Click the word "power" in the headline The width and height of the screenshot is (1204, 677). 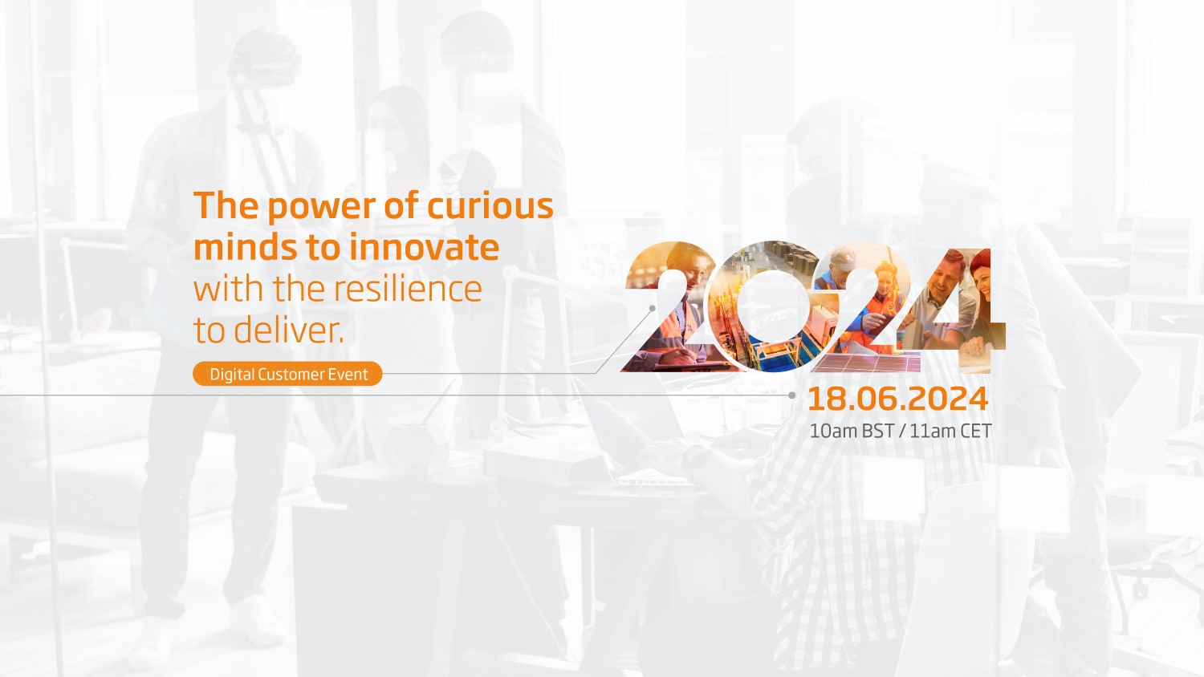321,207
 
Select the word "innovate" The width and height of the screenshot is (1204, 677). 424,247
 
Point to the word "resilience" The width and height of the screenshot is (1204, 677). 408,289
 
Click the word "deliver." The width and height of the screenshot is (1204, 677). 289,330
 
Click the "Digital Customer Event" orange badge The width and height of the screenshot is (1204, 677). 287,374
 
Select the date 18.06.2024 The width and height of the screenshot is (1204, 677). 897,399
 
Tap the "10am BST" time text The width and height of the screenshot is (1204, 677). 852,432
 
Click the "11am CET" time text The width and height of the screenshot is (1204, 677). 950,432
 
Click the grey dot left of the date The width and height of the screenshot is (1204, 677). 791,395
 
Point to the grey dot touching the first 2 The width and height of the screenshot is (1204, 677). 652,308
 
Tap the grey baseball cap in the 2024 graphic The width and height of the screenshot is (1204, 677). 842,259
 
